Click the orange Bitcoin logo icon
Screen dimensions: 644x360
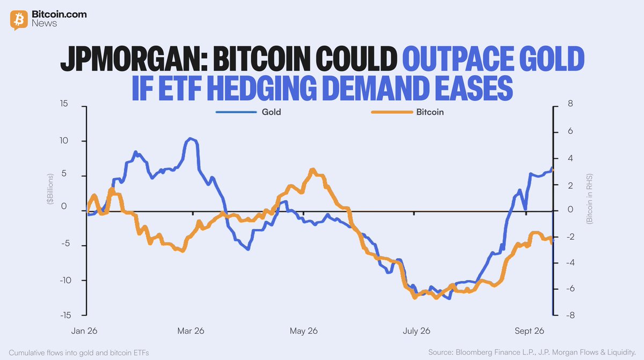point(19,20)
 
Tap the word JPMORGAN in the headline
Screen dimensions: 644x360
point(134,58)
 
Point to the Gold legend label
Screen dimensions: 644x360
point(271,112)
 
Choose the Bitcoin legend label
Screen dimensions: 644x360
point(430,112)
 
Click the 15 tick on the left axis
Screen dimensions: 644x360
point(64,104)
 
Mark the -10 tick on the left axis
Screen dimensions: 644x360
point(65,280)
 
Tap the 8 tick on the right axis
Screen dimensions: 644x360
point(570,104)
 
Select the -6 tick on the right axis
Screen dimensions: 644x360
point(570,289)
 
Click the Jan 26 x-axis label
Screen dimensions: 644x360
point(84,331)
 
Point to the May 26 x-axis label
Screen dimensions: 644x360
point(304,331)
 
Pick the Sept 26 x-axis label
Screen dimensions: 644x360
point(529,331)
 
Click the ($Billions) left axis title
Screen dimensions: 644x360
point(50,189)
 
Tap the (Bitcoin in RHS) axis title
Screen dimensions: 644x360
point(589,199)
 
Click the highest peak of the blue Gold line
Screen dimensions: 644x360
point(190,138)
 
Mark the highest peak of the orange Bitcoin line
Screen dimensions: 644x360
point(312,170)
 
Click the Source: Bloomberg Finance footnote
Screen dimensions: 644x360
point(532,352)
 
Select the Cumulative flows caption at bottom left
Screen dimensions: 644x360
point(79,353)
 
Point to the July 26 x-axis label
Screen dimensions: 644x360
point(416,331)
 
